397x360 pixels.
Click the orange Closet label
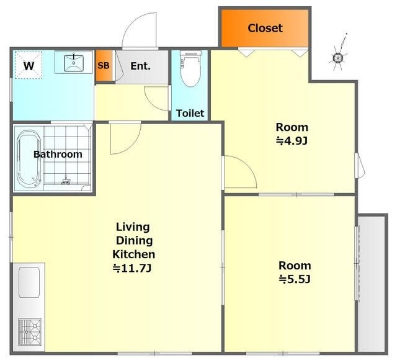(265, 28)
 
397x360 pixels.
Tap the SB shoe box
(104, 66)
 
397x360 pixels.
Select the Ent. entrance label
(141, 66)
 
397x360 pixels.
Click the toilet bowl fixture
(191, 69)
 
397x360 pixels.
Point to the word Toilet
(190, 113)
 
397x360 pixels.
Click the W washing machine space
(29, 65)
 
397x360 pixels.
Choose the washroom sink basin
(74, 62)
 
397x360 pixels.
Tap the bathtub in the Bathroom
(29, 159)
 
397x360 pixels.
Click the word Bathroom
(58, 155)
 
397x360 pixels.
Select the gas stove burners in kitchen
(30, 332)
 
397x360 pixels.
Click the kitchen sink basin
(29, 282)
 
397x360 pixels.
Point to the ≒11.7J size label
(132, 268)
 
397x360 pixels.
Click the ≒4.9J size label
(292, 141)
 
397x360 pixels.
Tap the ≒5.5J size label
(295, 279)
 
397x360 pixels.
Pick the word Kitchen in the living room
(134, 254)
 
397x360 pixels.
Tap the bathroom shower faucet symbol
(66, 180)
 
